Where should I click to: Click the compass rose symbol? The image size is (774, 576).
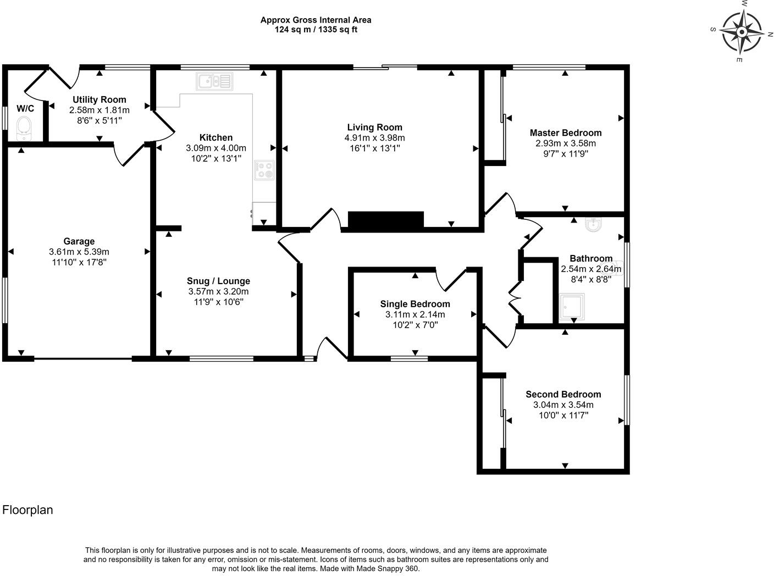(x=742, y=31)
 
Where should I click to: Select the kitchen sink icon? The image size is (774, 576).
(x=214, y=81)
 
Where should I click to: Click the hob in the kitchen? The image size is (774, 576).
(x=264, y=169)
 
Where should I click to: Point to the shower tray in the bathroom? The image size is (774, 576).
(x=572, y=306)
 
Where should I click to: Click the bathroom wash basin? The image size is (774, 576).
(x=593, y=224)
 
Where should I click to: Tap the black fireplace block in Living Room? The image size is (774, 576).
(x=386, y=220)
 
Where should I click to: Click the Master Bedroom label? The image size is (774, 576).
(x=565, y=132)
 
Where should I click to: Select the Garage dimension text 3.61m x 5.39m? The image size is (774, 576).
(x=79, y=252)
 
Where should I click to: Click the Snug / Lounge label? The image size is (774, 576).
(x=218, y=281)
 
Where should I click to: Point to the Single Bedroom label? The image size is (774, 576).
(x=415, y=304)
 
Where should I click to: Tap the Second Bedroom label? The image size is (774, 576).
(x=563, y=394)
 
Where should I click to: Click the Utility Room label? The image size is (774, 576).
(x=99, y=99)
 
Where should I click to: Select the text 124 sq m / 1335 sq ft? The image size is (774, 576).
(x=316, y=30)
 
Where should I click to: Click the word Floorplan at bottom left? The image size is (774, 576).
(x=27, y=509)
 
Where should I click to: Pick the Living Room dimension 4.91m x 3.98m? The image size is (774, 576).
(x=374, y=138)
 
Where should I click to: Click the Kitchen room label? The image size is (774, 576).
(x=216, y=137)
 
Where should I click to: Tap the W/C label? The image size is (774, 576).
(x=25, y=108)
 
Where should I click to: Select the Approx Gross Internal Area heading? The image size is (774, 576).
(x=316, y=20)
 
